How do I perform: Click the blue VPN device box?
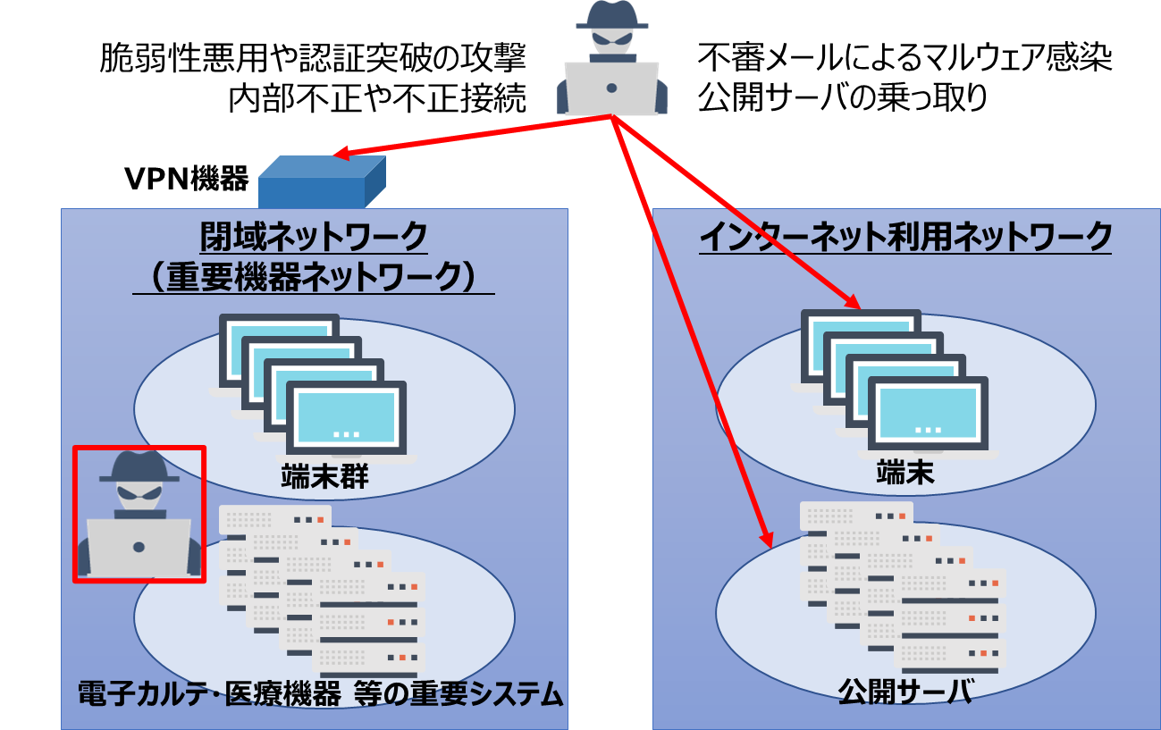point(322,182)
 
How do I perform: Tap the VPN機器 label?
point(187,179)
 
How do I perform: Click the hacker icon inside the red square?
point(139,513)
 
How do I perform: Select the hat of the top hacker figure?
point(612,14)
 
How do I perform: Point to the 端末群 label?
point(325,476)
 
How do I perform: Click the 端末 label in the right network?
point(905,473)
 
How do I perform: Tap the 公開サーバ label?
point(905,692)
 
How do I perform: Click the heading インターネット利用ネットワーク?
point(905,237)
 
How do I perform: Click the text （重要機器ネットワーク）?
point(314,277)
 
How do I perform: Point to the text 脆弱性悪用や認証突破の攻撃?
point(313,57)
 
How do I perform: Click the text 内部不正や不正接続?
point(377,98)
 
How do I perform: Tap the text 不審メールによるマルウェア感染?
point(904,57)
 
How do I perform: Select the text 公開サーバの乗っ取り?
point(842,98)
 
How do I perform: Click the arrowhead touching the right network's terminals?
point(852,300)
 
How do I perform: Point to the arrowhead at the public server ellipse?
point(766,539)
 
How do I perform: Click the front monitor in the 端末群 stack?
point(346,417)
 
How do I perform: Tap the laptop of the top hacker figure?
point(611,88)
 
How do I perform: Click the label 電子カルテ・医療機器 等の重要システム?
point(320,693)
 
